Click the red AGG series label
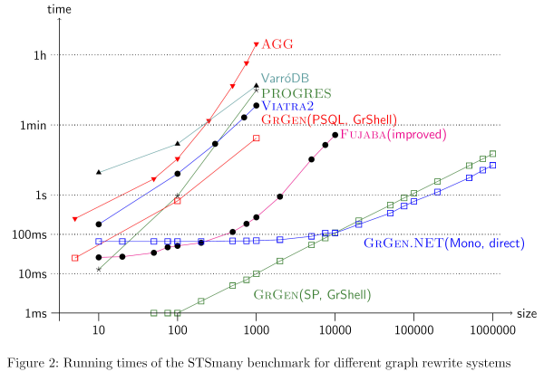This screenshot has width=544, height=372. click(x=278, y=43)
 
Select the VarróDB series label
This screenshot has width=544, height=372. click(x=285, y=79)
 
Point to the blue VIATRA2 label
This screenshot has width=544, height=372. click(x=287, y=106)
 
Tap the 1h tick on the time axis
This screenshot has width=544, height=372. click(x=40, y=55)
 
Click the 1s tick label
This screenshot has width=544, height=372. click(x=40, y=195)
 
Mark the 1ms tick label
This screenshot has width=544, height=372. click(x=35, y=313)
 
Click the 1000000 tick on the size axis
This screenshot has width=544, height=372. click(x=492, y=330)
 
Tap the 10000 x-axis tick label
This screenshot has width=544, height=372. click(x=335, y=330)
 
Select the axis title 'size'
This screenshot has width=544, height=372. click(x=528, y=313)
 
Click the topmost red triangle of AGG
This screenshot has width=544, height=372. click(x=257, y=44)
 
